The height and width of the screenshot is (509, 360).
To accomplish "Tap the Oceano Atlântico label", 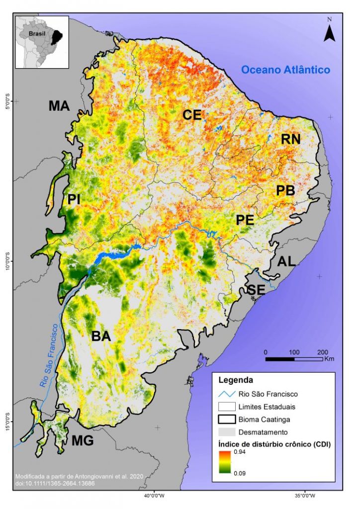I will tap(285, 70).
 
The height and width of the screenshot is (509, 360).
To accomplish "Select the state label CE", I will tap(191, 115).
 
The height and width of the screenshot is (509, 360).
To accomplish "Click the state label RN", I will tap(290, 139).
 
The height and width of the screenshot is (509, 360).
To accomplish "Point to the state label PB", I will tap(285, 190).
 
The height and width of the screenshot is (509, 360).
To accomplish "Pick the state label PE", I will tap(245, 219).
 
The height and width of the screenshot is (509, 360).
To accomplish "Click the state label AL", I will tap(286, 261).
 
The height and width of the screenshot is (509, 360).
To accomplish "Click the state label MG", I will tap(83, 441).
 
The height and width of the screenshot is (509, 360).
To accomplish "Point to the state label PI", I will tap(74, 199).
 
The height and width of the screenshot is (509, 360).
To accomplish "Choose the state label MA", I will tap(59, 106).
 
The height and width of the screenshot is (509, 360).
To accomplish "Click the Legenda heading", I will tap(236, 380).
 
